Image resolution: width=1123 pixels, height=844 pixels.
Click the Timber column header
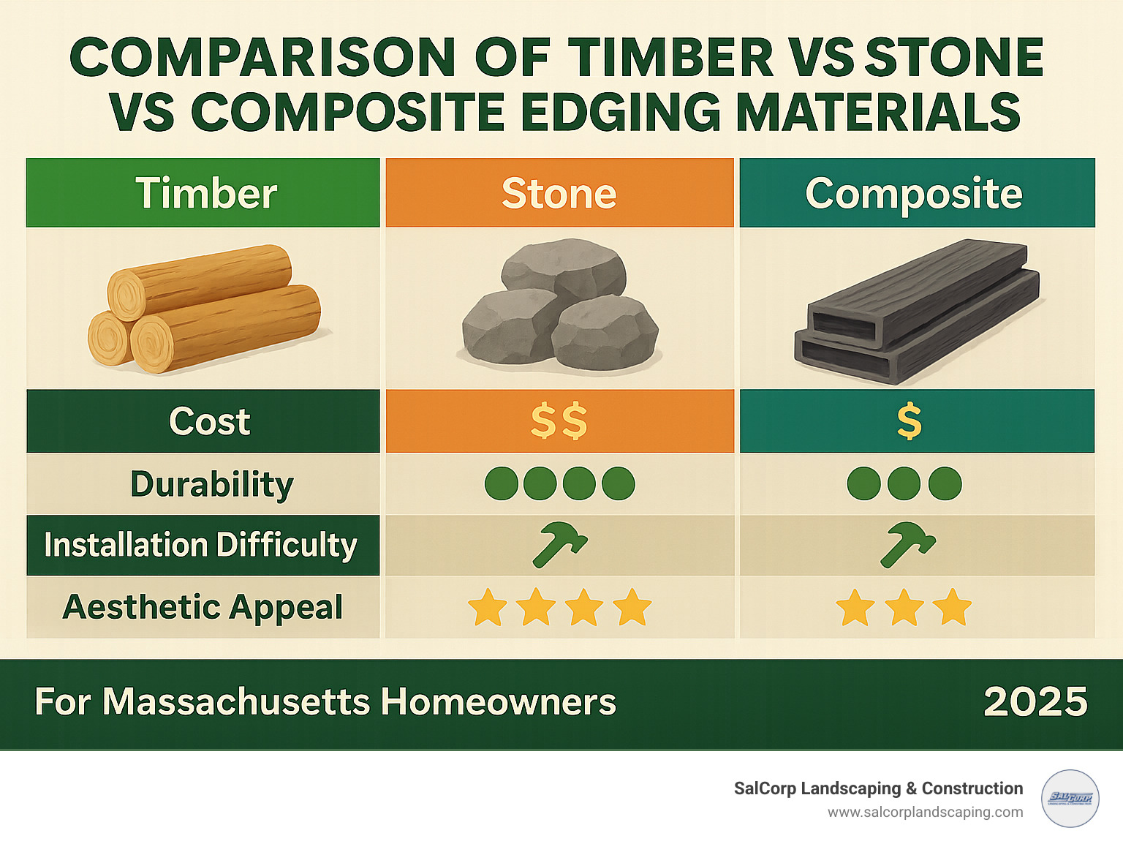[205, 193]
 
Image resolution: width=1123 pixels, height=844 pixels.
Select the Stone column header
[559, 193]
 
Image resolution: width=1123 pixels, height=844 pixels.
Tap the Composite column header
[914, 193]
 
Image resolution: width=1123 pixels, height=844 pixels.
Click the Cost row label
[209, 421]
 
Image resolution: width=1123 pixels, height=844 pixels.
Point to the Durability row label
[212, 484]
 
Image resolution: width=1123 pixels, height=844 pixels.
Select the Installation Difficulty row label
[200, 546]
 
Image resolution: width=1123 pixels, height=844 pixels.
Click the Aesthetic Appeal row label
[203, 607]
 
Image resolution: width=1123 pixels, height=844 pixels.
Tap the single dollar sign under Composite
[909, 421]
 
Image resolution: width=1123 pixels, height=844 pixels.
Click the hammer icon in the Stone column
[559, 544]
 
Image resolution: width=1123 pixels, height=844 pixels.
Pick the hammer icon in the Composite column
[907, 544]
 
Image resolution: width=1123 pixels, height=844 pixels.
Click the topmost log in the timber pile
[199, 282]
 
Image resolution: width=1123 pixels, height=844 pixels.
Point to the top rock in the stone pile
[563, 270]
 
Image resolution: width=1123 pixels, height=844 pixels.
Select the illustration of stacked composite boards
[917, 310]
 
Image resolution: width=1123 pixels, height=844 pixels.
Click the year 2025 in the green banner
[1035, 702]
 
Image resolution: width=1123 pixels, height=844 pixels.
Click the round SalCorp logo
[1070, 798]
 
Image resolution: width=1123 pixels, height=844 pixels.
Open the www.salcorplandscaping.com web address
[925, 812]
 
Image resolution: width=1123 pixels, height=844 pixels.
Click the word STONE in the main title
[954, 57]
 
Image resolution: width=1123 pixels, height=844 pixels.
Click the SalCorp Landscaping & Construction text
[878, 788]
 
